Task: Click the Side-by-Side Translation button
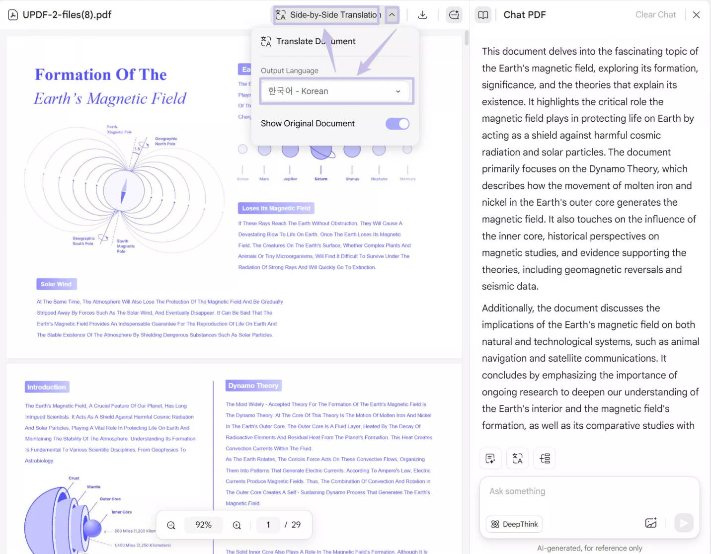click(328, 15)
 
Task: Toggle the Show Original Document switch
click(397, 124)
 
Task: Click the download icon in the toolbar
click(422, 15)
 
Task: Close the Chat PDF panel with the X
click(696, 15)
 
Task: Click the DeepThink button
click(515, 524)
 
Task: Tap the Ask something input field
click(589, 491)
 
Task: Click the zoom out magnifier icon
click(171, 525)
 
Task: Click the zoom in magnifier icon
click(237, 525)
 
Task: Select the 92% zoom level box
click(203, 525)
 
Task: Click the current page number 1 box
click(268, 525)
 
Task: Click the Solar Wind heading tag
click(56, 284)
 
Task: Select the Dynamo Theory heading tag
click(253, 386)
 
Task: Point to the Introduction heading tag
click(47, 387)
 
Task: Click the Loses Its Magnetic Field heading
click(276, 208)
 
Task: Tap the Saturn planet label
click(321, 179)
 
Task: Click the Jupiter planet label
click(290, 179)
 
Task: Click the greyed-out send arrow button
click(684, 523)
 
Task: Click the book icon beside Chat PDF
click(483, 15)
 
